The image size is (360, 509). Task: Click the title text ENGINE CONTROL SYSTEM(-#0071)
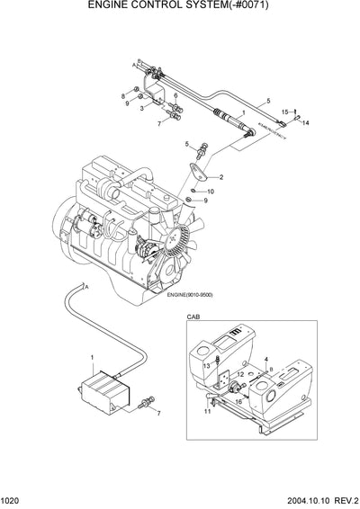tap(179, 8)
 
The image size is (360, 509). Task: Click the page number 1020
tap(13, 500)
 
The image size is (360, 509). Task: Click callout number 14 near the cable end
tap(306, 122)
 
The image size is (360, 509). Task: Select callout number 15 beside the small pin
tap(284, 112)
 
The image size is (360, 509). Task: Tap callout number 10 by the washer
tap(210, 192)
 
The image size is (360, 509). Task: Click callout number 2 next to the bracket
tap(220, 177)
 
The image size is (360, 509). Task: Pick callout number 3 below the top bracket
tap(141, 107)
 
